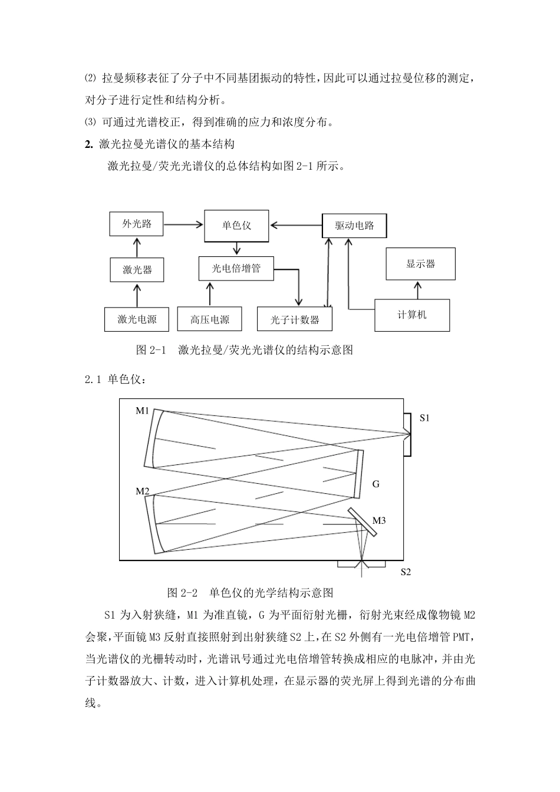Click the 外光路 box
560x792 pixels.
(x=137, y=224)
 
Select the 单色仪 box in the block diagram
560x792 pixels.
(x=236, y=226)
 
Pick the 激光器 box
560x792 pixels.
(x=137, y=270)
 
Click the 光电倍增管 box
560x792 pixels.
(x=236, y=269)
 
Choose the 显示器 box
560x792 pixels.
(x=420, y=263)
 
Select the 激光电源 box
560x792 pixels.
(x=137, y=319)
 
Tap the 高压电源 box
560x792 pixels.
(x=209, y=319)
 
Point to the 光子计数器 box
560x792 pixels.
(x=295, y=319)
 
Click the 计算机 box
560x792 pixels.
(x=412, y=315)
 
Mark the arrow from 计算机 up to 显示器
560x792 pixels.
(x=417, y=289)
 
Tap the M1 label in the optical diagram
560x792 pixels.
(x=142, y=411)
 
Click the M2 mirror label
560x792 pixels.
(x=142, y=491)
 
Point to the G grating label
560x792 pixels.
(x=376, y=484)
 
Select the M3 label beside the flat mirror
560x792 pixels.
(x=378, y=520)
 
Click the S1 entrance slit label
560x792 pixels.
(x=424, y=418)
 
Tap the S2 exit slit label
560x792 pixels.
(x=406, y=572)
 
